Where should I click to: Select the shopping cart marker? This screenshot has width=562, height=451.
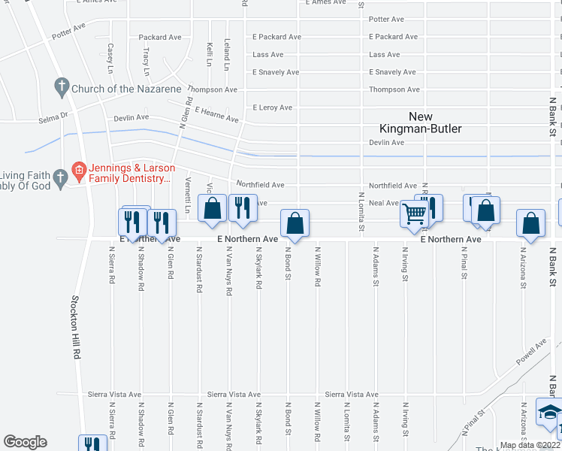pos(414,213)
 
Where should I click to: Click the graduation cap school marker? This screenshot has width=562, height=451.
pos(548,413)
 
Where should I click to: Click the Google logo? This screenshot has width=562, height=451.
pos(25,442)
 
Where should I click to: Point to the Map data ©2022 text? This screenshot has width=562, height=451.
pos(530,445)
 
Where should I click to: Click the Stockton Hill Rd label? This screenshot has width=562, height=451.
pos(76,330)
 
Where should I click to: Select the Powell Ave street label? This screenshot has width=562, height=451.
pos(531,351)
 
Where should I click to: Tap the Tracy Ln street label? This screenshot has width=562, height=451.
pos(146,60)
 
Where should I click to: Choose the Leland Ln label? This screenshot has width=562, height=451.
pos(226,56)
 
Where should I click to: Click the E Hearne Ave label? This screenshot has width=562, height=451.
pos(216,114)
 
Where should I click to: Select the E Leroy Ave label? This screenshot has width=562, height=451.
pos(272,107)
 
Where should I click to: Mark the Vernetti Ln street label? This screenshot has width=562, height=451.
pos(187,189)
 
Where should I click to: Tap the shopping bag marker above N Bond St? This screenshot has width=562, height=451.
pos(295,223)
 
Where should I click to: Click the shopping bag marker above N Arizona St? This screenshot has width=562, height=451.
pos(531,223)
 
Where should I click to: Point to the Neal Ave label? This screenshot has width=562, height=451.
pos(383,203)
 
